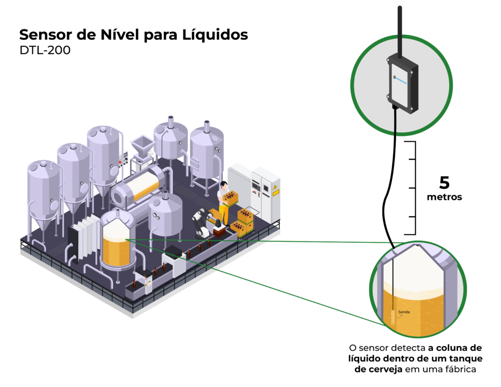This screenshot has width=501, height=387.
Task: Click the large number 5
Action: tap(444, 183)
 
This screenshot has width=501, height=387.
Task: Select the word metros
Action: tap(444, 198)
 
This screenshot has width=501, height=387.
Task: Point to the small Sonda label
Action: tap(404, 311)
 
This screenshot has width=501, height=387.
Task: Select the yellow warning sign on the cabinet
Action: tap(276, 190)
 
